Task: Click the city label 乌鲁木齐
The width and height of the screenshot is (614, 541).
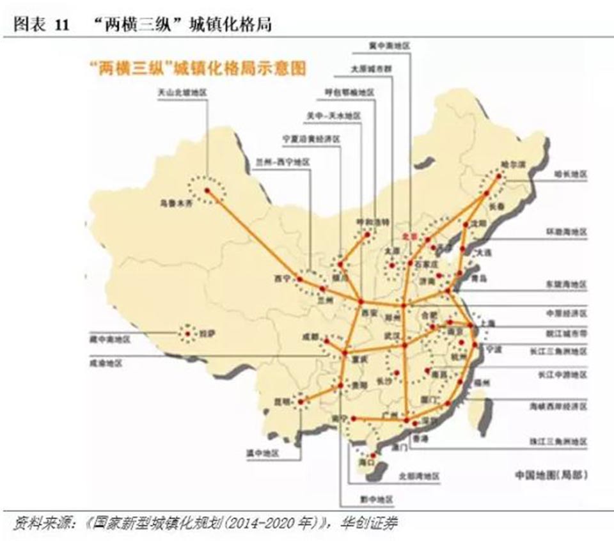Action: pyautogui.click(x=175, y=205)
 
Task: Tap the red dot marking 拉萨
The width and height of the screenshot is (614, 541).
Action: pyautogui.click(x=187, y=332)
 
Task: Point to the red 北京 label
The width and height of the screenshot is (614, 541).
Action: pyautogui.click(x=409, y=236)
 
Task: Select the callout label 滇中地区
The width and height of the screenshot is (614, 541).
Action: pyautogui.click(x=264, y=453)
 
